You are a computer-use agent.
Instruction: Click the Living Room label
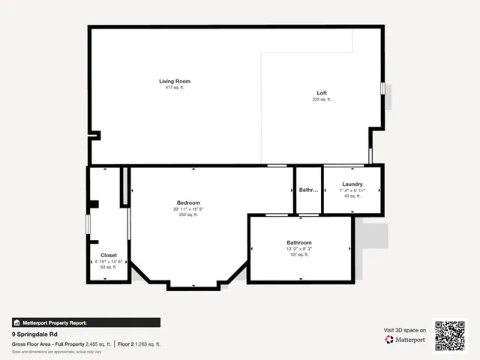175,81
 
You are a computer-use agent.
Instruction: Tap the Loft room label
322,93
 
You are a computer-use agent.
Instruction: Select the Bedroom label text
188,202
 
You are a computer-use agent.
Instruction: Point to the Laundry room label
352,184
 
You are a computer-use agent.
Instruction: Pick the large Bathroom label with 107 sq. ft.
298,242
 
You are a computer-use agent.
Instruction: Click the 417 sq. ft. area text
175,88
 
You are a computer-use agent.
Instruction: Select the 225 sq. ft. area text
322,100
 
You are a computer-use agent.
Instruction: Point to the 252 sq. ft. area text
188,214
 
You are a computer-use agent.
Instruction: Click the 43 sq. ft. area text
352,196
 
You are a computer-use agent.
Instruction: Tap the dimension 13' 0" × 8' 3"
298,248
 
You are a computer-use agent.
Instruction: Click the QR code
451,335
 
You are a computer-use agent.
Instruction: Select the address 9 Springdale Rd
36,334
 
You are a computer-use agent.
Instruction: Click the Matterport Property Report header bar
85,322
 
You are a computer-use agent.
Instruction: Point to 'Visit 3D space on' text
405,330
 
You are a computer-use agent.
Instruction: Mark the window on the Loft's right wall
382,88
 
